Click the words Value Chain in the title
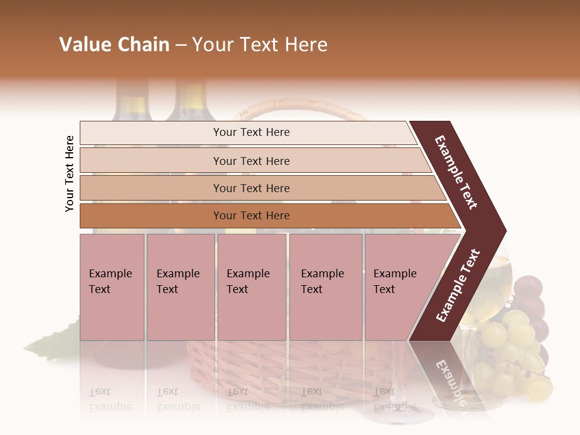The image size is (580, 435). coord(114,45)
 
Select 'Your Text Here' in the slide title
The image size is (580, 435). coord(260,45)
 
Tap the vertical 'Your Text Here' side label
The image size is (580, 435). coord(69,173)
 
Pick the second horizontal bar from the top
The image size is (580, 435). coord(251,161)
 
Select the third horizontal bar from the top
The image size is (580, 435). coord(251,188)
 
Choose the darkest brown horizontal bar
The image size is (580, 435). coord(251,216)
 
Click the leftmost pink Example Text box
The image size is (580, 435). coord(112,287)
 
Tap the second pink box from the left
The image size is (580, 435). coord(180,287)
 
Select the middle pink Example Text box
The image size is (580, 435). coord(251,287)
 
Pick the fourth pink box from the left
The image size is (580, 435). coord(325,287)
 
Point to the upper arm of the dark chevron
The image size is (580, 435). coord(458,172)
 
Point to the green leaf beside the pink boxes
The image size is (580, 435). coord(54,342)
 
